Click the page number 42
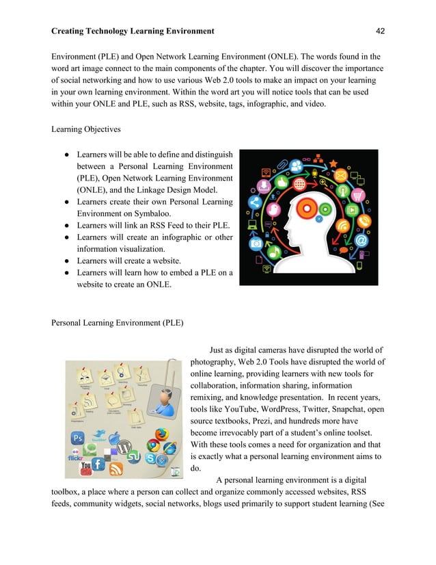pos(381,31)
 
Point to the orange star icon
pos(333,163)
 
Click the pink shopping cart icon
pos(355,194)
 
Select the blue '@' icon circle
pos(361,240)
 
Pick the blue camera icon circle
pos(256,243)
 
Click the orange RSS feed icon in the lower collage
pos(116,469)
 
